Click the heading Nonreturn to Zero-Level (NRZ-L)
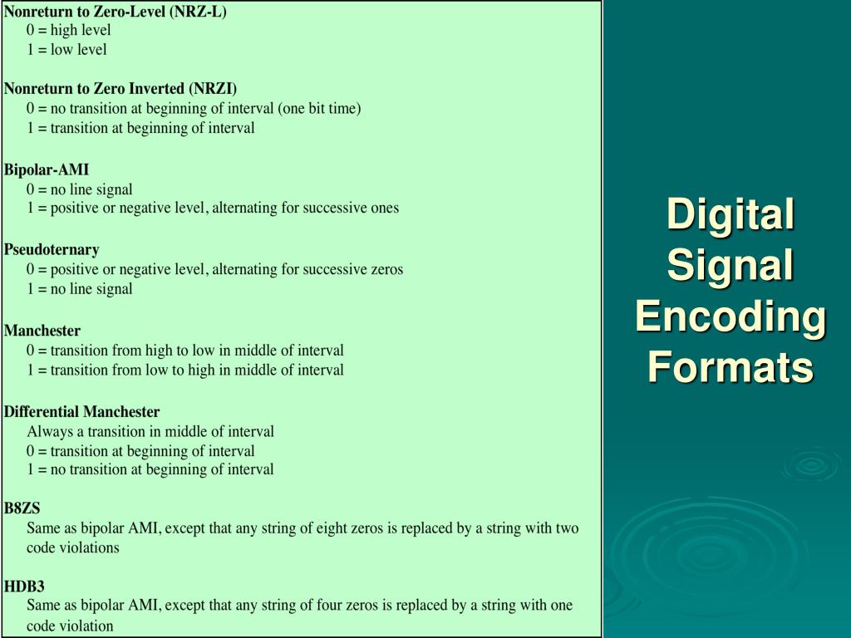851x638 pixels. click(x=115, y=12)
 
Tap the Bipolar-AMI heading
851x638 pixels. click(x=47, y=170)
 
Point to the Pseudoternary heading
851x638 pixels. click(x=52, y=249)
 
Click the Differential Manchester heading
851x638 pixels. click(x=81, y=412)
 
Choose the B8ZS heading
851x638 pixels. click(x=22, y=509)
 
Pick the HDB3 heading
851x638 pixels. click(x=24, y=586)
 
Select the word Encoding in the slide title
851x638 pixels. click(x=730, y=317)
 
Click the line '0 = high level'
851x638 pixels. click(x=68, y=31)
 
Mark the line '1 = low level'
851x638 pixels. click(x=66, y=50)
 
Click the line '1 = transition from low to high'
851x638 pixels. click(x=184, y=371)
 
